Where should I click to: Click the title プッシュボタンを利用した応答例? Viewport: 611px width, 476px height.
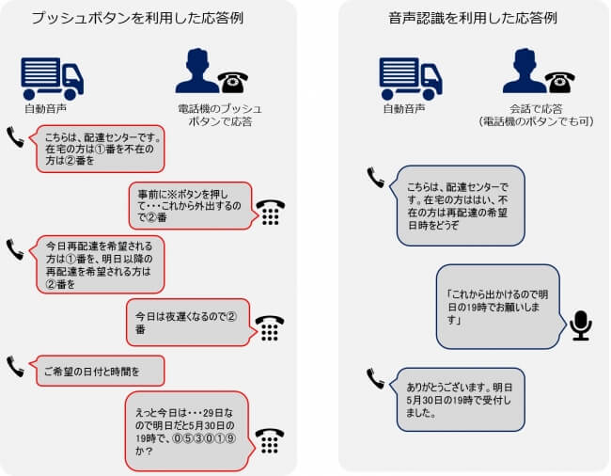pyautogui.click(x=137, y=18)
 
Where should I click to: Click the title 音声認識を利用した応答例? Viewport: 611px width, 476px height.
pyautogui.click(x=473, y=18)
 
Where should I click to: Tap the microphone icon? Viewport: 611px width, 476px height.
pyautogui.click(x=581, y=325)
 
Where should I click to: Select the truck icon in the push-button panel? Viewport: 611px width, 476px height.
pyautogui.click(x=53, y=79)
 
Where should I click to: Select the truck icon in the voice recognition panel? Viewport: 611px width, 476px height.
pyautogui.click(x=411, y=79)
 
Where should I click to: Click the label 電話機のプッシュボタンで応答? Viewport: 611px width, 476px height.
pyautogui.click(x=220, y=115)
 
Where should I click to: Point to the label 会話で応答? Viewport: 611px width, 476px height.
pyautogui.click(x=536, y=109)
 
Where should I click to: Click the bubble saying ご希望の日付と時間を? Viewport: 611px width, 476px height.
pyautogui.click(x=100, y=371)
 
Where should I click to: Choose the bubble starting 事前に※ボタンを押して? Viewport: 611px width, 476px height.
pyautogui.click(x=194, y=205)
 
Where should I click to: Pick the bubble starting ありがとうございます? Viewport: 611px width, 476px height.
pyautogui.click(x=459, y=400)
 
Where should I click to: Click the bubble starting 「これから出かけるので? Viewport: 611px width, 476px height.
pyautogui.click(x=500, y=307)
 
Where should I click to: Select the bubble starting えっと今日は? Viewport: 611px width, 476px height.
pyautogui.click(x=189, y=431)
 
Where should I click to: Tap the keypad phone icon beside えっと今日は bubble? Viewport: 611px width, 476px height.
pyautogui.click(x=270, y=441)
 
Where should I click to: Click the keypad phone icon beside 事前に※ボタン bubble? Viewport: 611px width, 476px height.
pyautogui.click(x=271, y=213)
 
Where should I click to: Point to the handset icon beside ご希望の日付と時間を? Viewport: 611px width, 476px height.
pyautogui.click(x=15, y=367)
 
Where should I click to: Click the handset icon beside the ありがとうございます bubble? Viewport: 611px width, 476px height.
pyautogui.click(x=375, y=379)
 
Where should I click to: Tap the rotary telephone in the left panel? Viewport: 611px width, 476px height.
pyautogui.click(x=232, y=82)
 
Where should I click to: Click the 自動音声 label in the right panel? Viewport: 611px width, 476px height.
pyautogui.click(x=403, y=109)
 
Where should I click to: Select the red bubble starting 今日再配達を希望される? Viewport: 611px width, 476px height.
pyautogui.click(x=100, y=264)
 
